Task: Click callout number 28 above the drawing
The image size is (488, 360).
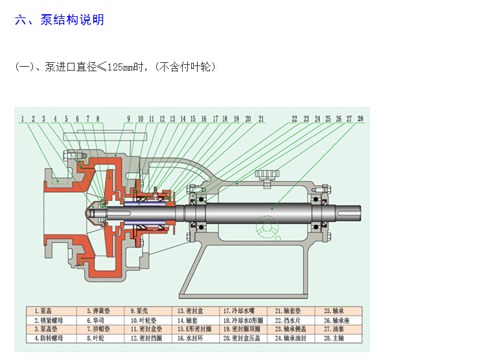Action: click(360, 119)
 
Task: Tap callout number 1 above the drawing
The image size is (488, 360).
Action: click(23, 119)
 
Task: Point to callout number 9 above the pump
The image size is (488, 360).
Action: click(128, 119)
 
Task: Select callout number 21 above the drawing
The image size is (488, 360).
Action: click(261, 119)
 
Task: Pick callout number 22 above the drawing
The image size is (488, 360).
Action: click(294, 119)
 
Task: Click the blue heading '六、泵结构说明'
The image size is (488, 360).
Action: click(59, 19)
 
